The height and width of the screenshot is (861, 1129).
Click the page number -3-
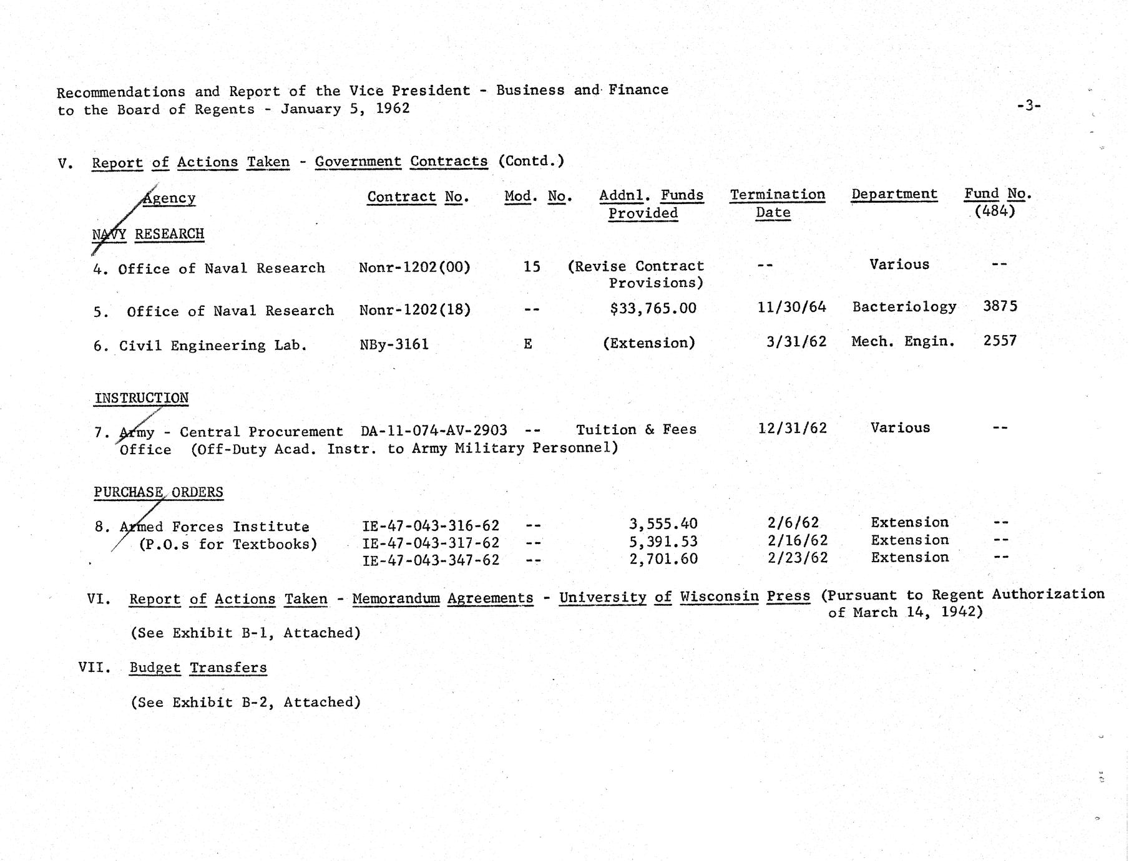1028,106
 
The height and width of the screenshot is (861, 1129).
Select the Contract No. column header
418,197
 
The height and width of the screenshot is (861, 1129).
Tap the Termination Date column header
777,203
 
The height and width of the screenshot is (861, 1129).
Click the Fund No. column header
997,202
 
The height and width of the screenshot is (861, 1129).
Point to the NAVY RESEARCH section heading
148,235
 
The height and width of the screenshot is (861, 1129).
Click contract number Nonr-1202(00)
414,268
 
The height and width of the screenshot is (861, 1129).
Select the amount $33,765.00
653,308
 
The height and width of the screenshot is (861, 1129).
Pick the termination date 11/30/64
791,307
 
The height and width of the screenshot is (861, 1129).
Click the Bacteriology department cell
904,307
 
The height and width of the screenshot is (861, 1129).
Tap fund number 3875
1000,306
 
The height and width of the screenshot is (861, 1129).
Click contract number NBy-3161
394,344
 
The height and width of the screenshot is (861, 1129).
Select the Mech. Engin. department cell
902,341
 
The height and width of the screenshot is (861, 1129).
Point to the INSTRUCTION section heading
142,398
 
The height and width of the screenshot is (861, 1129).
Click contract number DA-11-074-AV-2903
434,430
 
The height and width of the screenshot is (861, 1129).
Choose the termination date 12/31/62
792,428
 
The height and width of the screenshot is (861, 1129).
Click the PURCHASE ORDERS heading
158,492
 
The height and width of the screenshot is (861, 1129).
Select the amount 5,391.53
663,542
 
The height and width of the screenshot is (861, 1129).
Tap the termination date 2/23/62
797,558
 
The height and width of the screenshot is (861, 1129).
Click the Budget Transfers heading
198,668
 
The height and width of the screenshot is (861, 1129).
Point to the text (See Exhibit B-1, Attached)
245,633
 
